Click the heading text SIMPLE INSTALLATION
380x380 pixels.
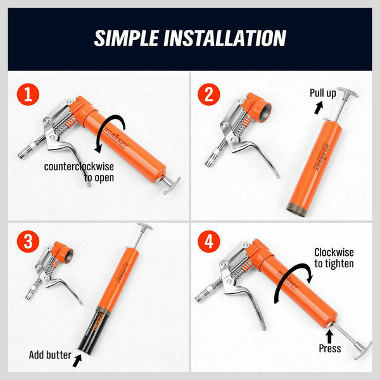[190, 37]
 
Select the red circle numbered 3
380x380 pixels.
[27, 243]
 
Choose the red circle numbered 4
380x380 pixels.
[210, 243]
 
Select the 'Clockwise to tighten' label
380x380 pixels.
[334, 258]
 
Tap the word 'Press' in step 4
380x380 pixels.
[330, 348]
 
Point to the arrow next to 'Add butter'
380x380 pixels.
[77, 362]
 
